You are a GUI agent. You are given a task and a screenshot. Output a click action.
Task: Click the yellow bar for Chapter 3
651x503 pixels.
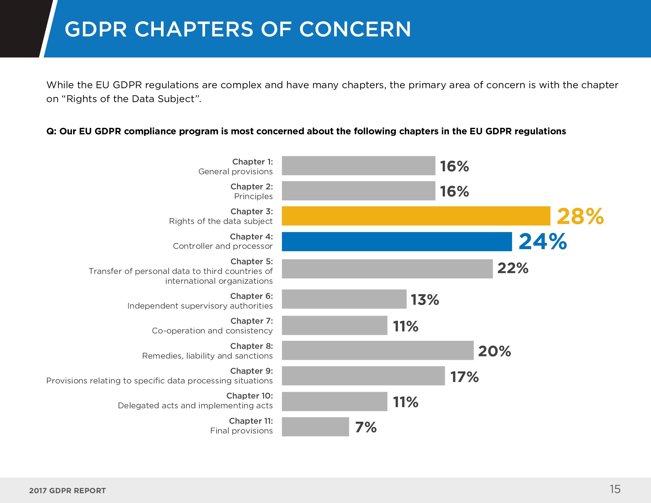416,216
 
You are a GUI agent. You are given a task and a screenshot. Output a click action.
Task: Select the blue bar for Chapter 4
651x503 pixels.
397,242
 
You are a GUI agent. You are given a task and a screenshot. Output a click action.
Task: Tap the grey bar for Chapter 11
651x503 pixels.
315,427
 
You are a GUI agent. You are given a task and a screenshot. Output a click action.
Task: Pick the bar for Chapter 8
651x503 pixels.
378,350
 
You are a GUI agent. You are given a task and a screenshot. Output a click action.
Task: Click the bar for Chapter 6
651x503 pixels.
344,299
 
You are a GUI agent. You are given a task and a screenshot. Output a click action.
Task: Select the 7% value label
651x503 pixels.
366,427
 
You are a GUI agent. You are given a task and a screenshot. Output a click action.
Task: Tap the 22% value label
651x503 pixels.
513,268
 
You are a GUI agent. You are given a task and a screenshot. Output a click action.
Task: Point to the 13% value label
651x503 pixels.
425,300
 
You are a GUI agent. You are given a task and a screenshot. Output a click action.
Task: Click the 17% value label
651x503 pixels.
464,377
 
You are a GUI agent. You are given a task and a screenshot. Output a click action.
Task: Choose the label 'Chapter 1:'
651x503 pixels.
252,162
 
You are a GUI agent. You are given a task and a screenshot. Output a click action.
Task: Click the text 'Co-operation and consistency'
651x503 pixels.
212,331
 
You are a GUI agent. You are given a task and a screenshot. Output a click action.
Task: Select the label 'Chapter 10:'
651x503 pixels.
249,396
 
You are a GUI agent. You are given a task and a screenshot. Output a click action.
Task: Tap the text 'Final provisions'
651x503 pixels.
241,431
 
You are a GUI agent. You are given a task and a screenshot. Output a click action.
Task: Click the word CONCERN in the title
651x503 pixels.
355,29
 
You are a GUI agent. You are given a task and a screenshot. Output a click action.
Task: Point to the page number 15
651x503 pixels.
615,489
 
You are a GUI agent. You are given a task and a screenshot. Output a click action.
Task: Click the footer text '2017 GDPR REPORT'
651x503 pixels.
67,491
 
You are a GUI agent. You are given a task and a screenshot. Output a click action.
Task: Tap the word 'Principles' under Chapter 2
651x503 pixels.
253,196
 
